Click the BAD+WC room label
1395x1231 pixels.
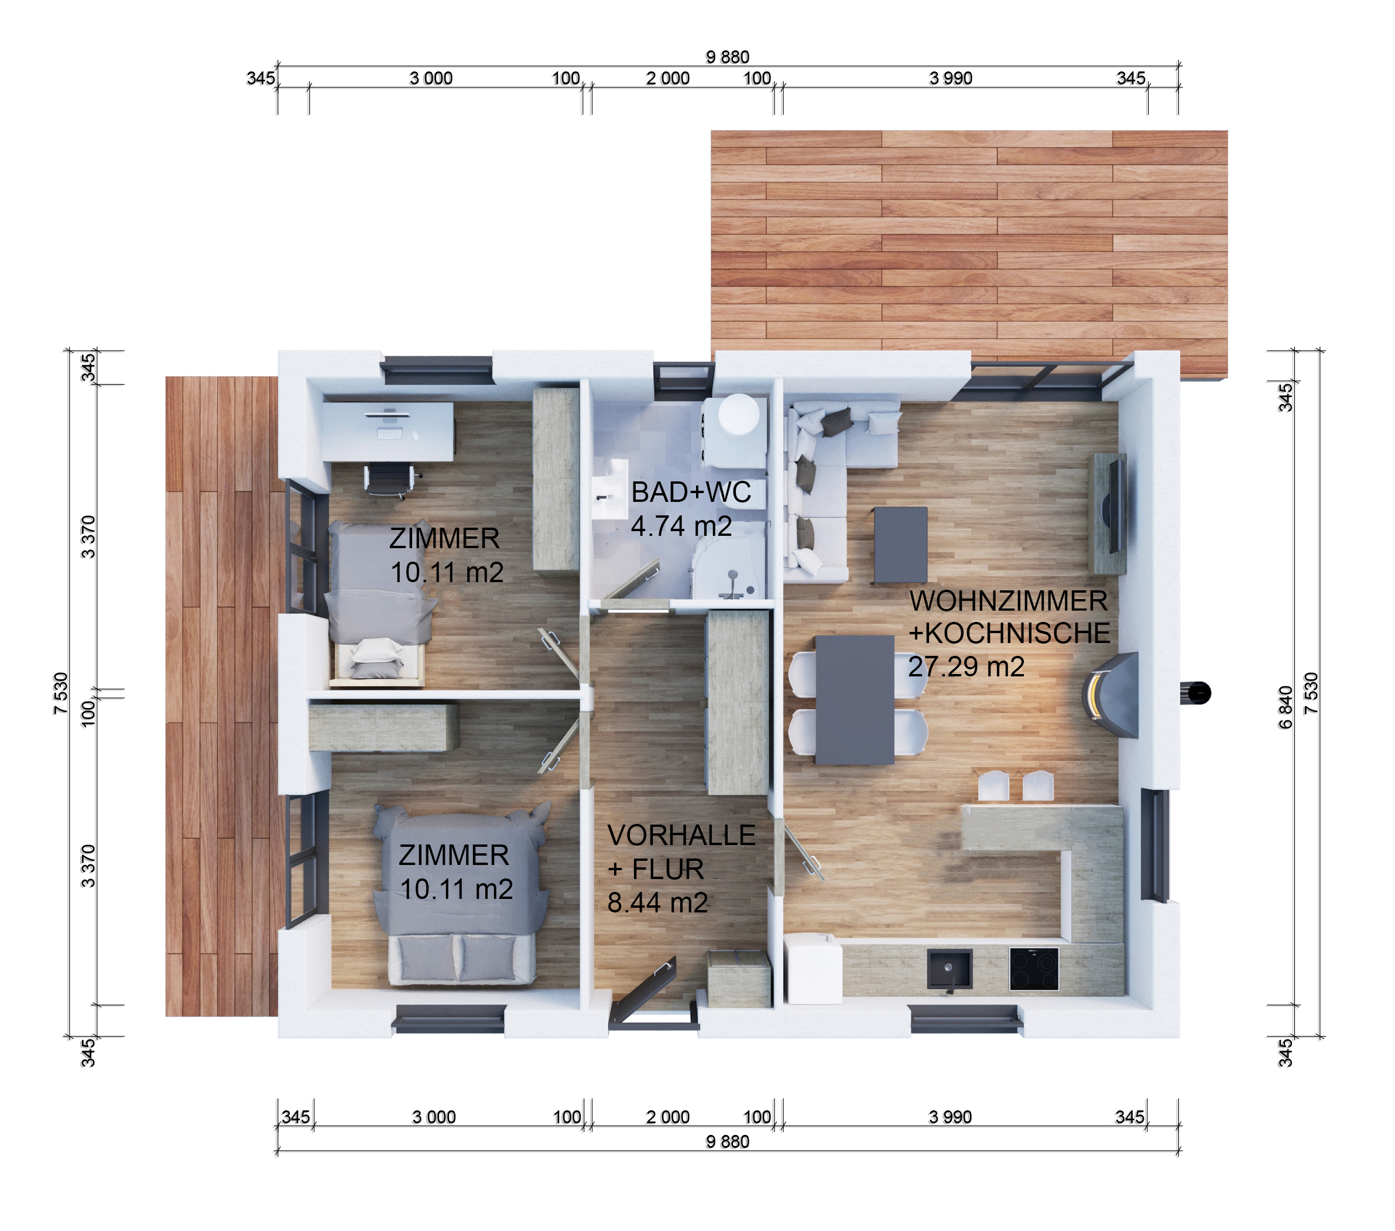[691, 493]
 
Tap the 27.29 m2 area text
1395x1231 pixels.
[966, 666]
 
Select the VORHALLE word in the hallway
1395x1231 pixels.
[681, 835]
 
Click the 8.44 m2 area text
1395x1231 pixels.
[657, 902]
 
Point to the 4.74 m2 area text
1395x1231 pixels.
[681, 526]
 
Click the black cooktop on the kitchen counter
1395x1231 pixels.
[1034, 968]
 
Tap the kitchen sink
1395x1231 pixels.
[950, 969]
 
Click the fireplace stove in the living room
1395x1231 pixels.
[1111, 695]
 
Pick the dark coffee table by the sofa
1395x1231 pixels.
[900, 544]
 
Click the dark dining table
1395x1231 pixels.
[855, 700]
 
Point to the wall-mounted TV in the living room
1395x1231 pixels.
[1116, 506]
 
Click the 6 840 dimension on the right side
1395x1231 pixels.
[1285, 707]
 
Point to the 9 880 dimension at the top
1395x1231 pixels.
[728, 57]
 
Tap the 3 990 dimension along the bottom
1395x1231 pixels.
[950, 1117]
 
